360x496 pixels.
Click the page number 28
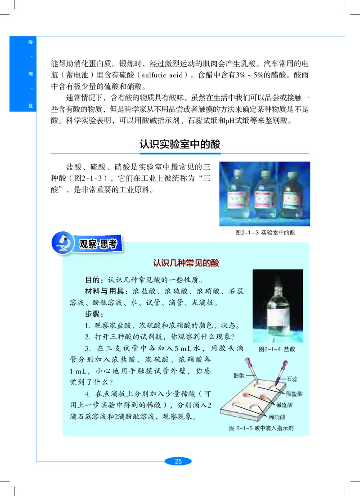(x=178, y=461)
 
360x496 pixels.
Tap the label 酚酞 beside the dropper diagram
(x=239, y=375)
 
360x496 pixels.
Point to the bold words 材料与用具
(x=106, y=290)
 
